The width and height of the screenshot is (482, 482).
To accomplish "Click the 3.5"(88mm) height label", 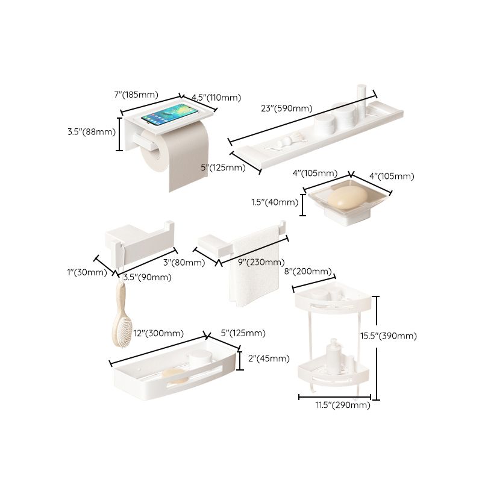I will [91, 131].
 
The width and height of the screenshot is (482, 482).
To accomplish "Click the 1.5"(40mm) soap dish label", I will [275, 202].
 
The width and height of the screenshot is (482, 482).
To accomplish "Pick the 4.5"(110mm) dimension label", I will [216, 98].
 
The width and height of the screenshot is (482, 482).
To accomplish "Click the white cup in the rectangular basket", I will [201, 359].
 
